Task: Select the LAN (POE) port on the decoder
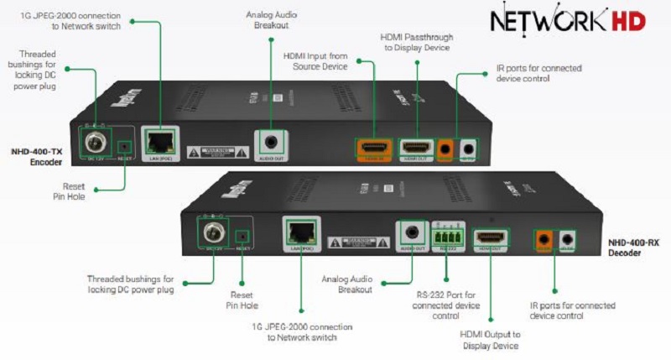[x=299, y=231]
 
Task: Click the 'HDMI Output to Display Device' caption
[x=490, y=340]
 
